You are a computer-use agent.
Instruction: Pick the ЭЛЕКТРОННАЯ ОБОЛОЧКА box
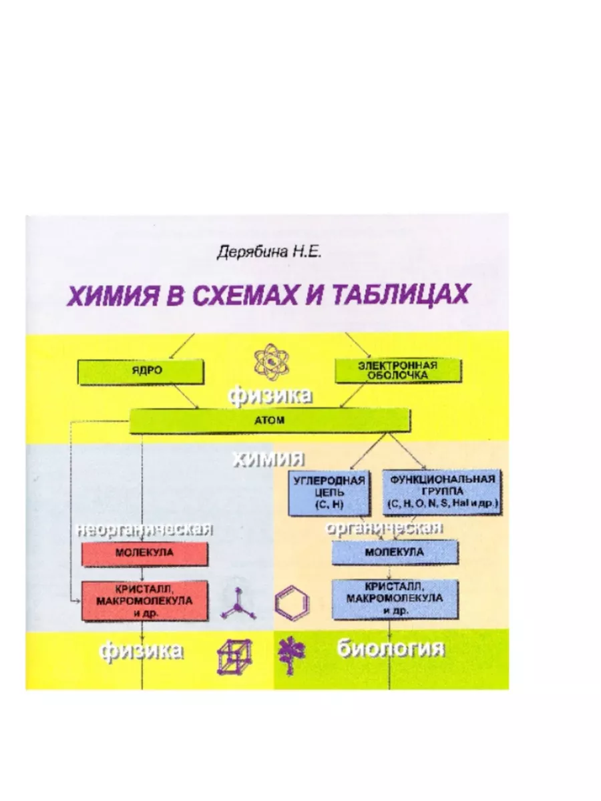397,371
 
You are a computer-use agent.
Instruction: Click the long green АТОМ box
269,421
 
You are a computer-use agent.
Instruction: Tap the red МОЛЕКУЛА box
144,553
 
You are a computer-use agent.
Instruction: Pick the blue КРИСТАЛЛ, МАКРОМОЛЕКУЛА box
395,598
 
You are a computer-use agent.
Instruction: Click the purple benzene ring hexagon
292,603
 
